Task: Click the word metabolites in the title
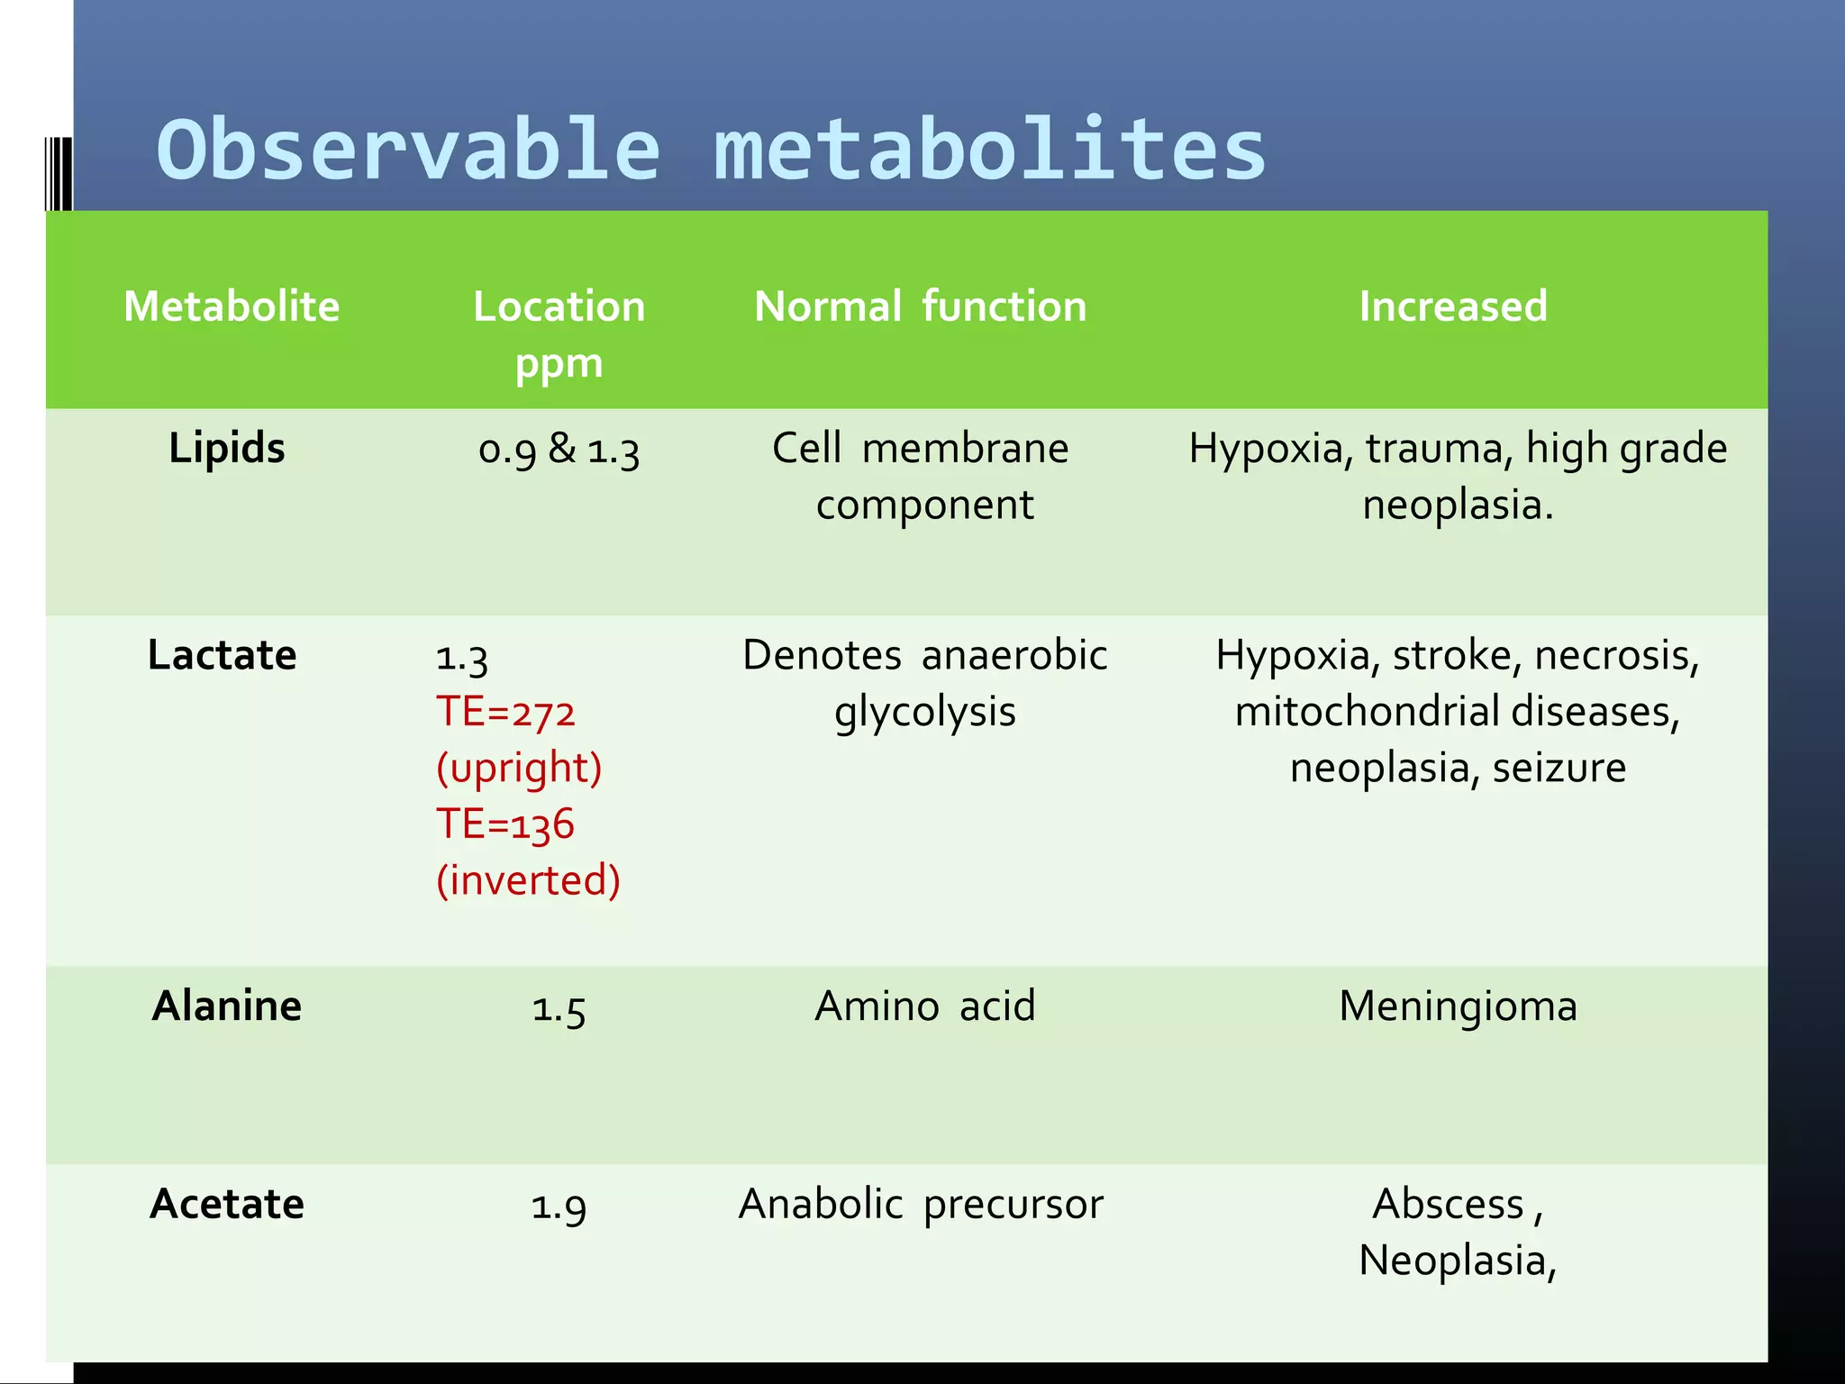[x=990, y=150]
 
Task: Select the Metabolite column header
[x=232, y=306]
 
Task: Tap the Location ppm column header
[x=559, y=333]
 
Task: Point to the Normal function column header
[x=920, y=306]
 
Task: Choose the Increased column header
[x=1452, y=306]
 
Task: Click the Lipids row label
[x=227, y=448]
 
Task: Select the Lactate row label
[x=222, y=655]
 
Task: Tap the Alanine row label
[x=227, y=1006]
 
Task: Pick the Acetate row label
[x=227, y=1204]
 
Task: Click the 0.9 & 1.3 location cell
[x=559, y=449]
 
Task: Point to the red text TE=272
[x=505, y=712]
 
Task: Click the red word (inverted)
[x=528, y=880]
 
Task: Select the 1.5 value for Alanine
[x=559, y=1007]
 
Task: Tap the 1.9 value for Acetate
[x=559, y=1206]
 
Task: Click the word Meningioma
[x=1458, y=1006]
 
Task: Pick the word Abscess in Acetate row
[x=1447, y=1204]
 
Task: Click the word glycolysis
[x=925, y=712]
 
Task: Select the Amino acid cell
[x=925, y=1006]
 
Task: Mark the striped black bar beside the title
[x=59, y=174]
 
